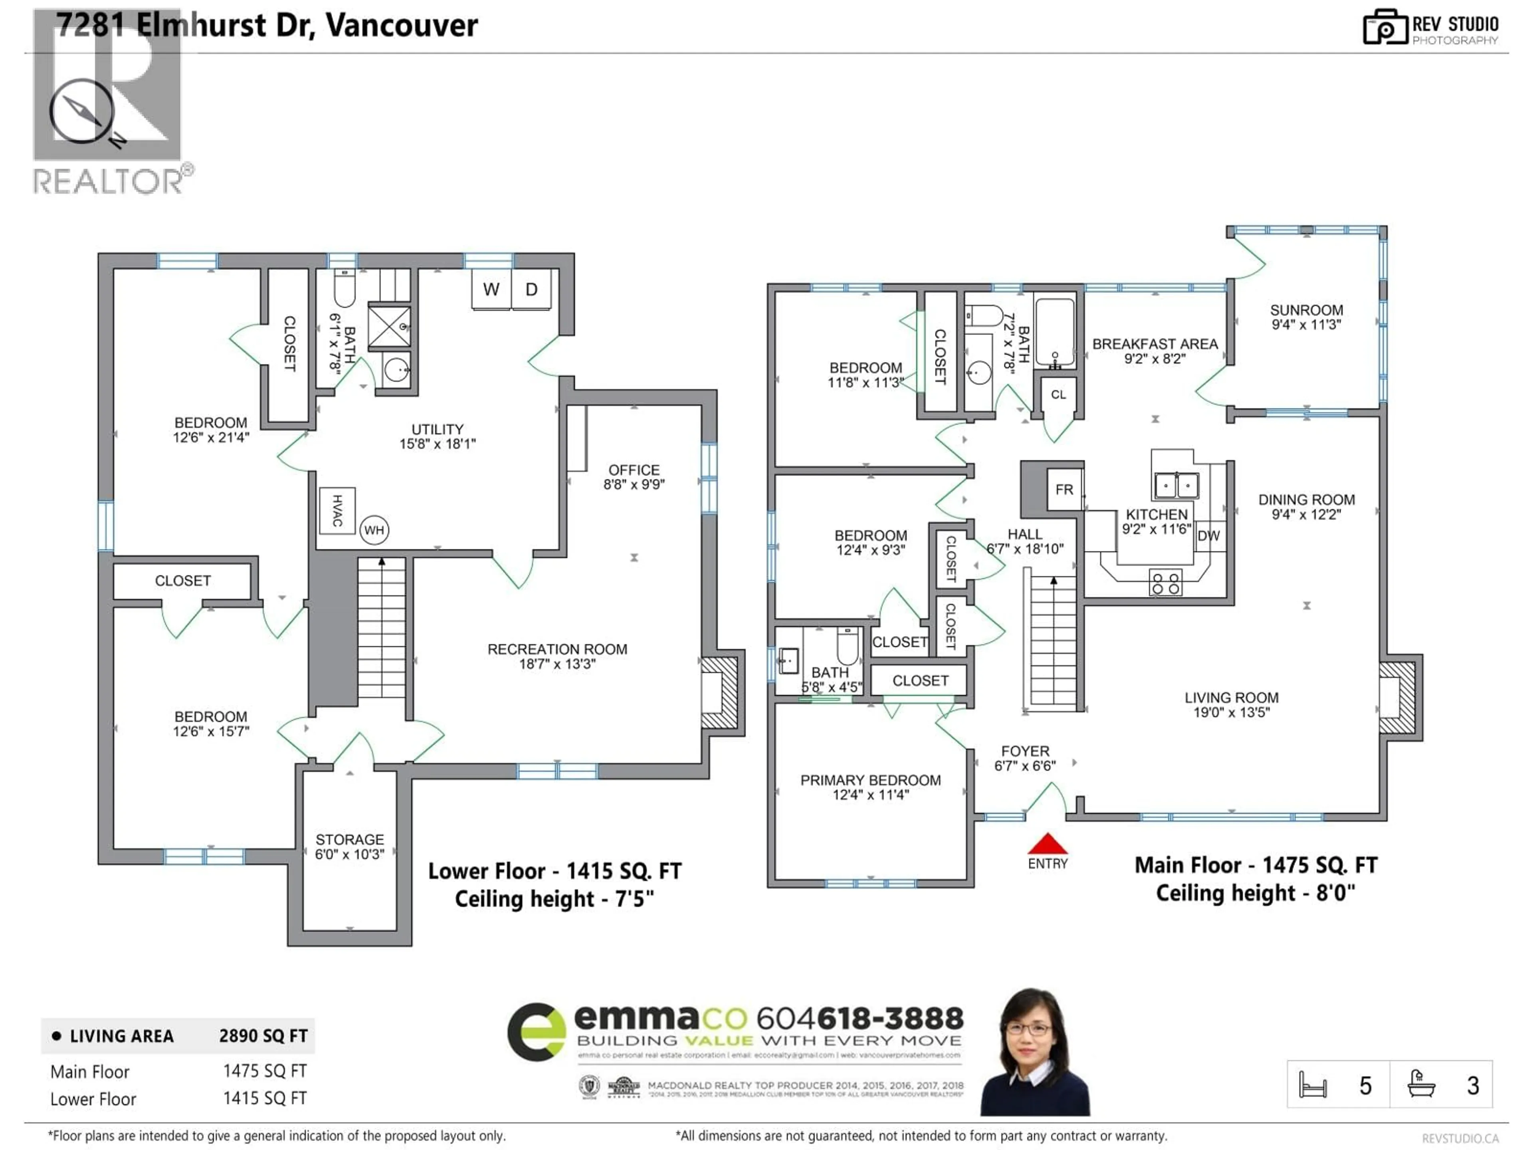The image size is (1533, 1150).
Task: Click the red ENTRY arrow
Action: pos(1047,844)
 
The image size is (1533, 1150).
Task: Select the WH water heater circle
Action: pos(374,530)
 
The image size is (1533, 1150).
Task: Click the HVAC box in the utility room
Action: pos(337,511)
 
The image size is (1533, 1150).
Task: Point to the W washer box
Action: pos(491,290)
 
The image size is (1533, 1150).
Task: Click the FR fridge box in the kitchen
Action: pos(1064,490)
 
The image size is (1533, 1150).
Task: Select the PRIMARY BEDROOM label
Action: pos(870,781)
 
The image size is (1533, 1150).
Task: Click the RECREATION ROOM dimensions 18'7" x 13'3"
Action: pos(557,664)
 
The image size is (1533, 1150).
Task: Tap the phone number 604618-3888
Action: pos(860,1018)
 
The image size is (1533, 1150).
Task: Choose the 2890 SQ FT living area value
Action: pos(263,1036)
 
